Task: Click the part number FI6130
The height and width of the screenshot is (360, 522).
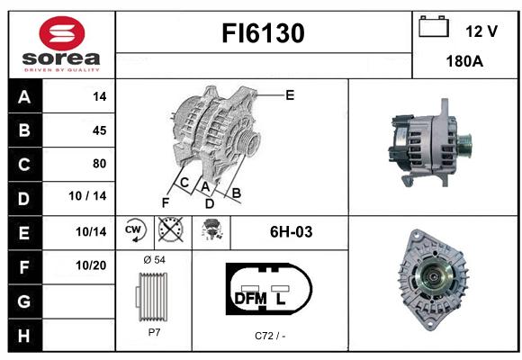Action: pyautogui.click(x=263, y=33)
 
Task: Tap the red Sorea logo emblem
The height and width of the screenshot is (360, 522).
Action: pyautogui.click(x=62, y=33)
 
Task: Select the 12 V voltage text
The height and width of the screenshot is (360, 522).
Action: pyautogui.click(x=481, y=31)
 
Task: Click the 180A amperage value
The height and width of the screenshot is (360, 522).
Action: pyautogui.click(x=464, y=61)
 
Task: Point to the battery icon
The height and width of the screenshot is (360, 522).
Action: pyautogui.click(x=434, y=26)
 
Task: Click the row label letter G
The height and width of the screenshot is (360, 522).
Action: pyautogui.click(x=24, y=301)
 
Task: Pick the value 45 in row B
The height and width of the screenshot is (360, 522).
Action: pyautogui.click(x=100, y=130)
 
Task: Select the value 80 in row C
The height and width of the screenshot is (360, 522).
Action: pyautogui.click(x=100, y=164)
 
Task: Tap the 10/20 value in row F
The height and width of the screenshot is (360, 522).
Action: pyautogui.click(x=91, y=265)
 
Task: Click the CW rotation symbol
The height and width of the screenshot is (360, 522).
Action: pyautogui.click(x=134, y=229)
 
